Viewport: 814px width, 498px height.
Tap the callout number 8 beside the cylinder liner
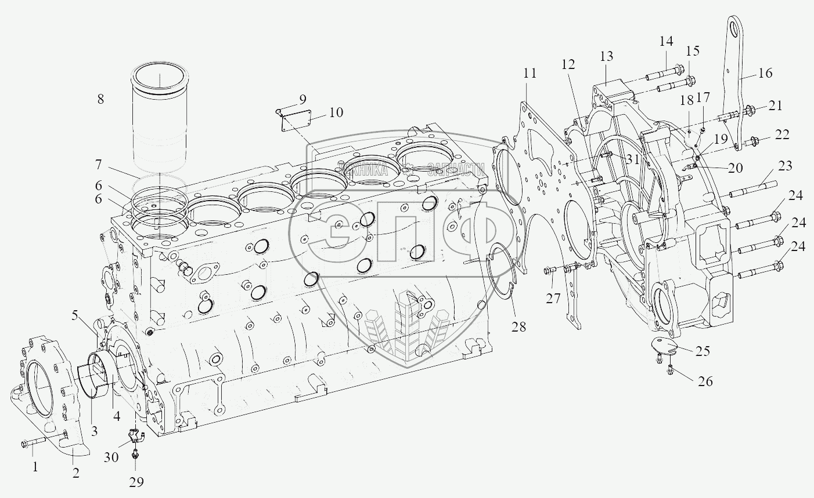pos(100,99)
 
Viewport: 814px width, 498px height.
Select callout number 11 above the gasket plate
pos(530,73)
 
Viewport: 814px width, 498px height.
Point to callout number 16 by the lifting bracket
pos(765,73)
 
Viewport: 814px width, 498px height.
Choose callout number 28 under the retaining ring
pos(518,326)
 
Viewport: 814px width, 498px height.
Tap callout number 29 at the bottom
pos(136,482)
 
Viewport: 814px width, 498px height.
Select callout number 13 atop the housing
pos(606,57)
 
